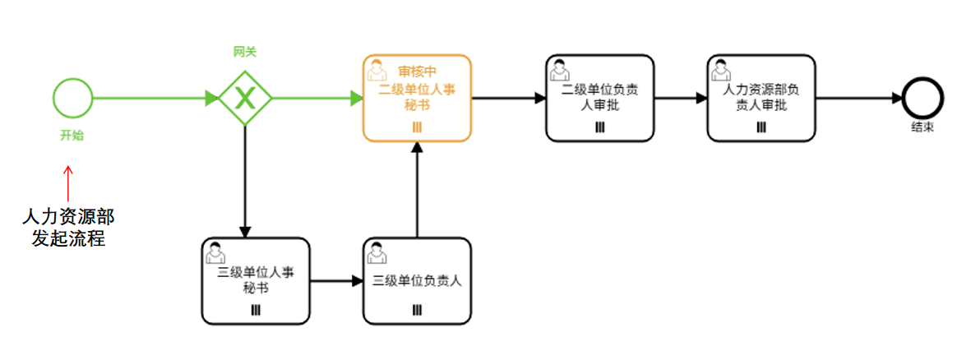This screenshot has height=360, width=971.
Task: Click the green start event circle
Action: point(72,98)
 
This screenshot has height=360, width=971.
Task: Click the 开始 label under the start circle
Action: point(72,136)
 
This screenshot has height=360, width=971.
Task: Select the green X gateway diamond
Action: point(244,99)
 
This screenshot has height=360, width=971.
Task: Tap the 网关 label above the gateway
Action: point(244,52)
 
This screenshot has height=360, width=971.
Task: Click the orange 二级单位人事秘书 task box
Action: point(417,99)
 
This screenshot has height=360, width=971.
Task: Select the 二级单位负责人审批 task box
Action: point(599,98)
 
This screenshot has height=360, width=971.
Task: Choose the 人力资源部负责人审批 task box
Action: point(761,98)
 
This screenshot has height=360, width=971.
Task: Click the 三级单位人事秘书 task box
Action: point(255,280)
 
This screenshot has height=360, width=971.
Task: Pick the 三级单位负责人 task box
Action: point(417,280)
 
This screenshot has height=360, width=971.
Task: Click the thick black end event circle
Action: point(922,98)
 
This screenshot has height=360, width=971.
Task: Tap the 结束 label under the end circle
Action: point(922,127)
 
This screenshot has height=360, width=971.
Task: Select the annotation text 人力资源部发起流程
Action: point(68,227)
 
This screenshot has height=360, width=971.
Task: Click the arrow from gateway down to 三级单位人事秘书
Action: point(244,181)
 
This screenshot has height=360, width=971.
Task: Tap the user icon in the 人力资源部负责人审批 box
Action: point(722,67)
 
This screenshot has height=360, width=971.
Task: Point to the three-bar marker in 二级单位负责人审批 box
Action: point(599,127)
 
